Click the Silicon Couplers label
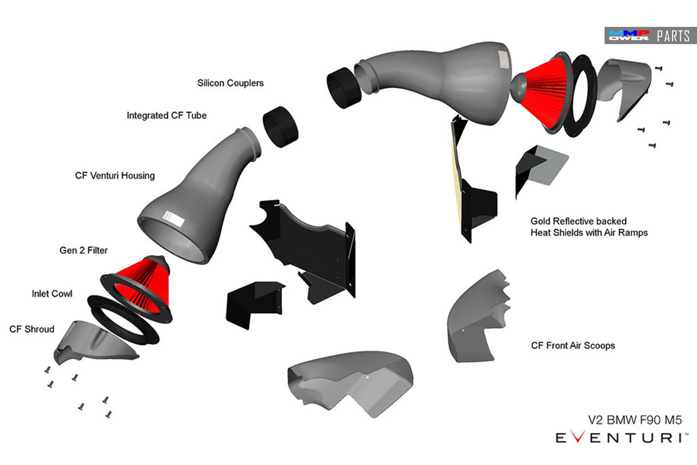click(x=230, y=83)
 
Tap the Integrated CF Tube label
click(x=167, y=116)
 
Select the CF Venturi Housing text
click(x=115, y=176)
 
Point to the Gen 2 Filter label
click(x=84, y=251)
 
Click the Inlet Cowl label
click(x=52, y=294)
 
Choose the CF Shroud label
click(x=32, y=329)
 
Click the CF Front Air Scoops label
click(x=573, y=346)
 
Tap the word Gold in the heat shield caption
click(x=541, y=221)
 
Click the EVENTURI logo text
click(x=621, y=437)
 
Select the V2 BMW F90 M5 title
click(x=635, y=420)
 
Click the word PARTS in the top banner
click(x=673, y=36)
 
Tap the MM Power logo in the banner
click(x=629, y=35)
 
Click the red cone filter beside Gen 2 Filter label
click(x=139, y=289)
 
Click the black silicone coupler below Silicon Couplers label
click(x=281, y=127)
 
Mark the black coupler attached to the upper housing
click(x=344, y=88)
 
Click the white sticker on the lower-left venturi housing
click(x=174, y=218)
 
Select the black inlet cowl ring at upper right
click(x=581, y=96)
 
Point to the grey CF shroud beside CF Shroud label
click(x=95, y=342)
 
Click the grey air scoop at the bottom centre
click(x=351, y=384)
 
